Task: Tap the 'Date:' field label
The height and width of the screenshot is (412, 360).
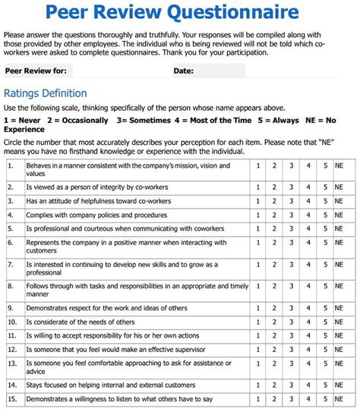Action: pos(183,71)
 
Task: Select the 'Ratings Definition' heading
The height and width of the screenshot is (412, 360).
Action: pos(45,93)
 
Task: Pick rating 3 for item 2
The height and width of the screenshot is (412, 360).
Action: pos(290,186)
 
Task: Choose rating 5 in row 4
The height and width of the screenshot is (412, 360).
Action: pos(326,215)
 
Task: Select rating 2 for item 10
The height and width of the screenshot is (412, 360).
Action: pos(274,322)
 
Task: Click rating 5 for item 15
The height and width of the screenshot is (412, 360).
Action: pos(326,399)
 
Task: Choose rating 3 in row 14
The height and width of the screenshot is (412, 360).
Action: pos(290,385)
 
